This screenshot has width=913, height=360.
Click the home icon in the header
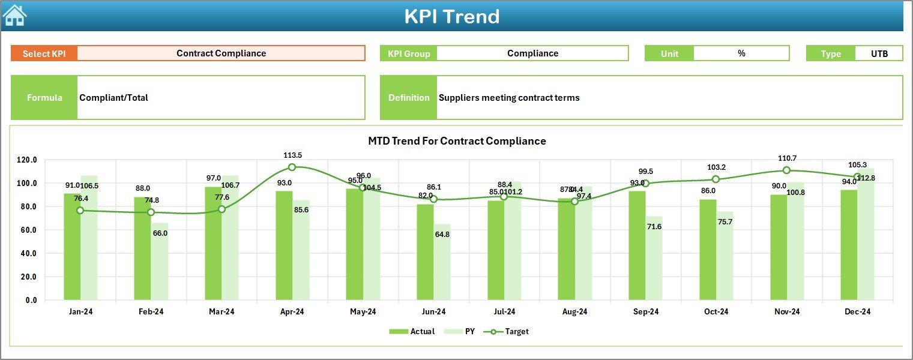(x=14, y=15)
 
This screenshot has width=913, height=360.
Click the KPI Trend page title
(x=451, y=16)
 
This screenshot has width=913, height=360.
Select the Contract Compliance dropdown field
(x=221, y=53)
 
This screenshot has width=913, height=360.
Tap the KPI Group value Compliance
(x=532, y=53)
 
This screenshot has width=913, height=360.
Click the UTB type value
(x=879, y=53)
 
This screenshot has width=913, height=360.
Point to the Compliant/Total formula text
(x=114, y=98)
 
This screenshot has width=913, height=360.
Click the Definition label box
(x=409, y=98)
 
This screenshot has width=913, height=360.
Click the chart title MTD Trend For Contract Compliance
(x=457, y=141)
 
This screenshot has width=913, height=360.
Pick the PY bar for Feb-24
(x=160, y=261)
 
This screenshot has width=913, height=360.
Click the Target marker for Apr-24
(x=292, y=167)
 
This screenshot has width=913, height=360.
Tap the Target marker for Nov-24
(x=786, y=170)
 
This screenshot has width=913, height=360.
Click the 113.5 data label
(x=292, y=155)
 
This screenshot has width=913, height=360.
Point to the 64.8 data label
(x=442, y=234)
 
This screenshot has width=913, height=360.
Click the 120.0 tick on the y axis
(x=27, y=160)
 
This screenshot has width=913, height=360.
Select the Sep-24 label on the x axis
(x=645, y=311)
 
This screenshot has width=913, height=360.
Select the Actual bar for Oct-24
(x=708, y=249)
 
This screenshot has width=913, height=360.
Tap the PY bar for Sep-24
(x=654, y=258)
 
